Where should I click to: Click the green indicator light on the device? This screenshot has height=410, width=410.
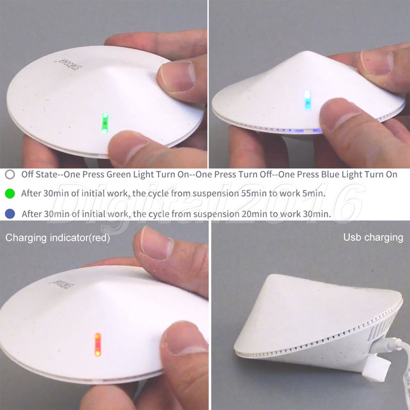click(105, 123)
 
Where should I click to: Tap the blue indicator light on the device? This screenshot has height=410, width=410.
click(308, 100)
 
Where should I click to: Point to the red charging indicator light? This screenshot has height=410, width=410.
click(98, 344)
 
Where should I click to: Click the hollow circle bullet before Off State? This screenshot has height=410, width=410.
click(10, 174)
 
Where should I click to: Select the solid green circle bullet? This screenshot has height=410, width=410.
click(10, 194)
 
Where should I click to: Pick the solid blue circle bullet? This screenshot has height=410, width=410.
click(10, 214)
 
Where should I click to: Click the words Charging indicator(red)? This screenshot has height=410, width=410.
click(57, 238)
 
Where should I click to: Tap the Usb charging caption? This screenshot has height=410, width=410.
click(373, 237)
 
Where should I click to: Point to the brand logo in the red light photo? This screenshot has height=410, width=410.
click(61, 285)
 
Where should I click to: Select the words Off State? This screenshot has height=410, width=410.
click(39, 174)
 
